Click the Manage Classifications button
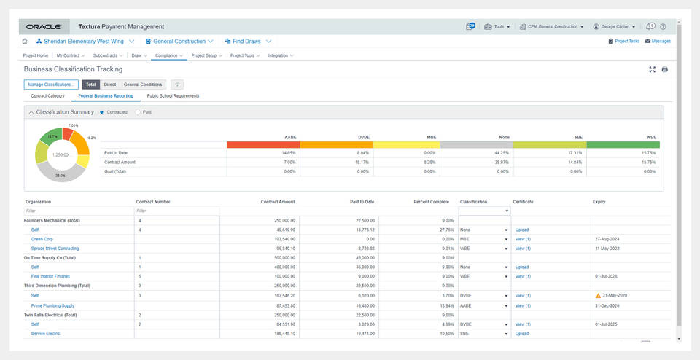[x=51, y=85]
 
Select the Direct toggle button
[x=109, y=85]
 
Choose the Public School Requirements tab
[x=173, y=95]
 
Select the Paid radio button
[x=139, y=112]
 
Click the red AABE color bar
[x=262, y=144]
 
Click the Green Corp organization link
[x=42, y=239]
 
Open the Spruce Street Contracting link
[x=55, y=249]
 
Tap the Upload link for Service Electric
[x=521, y=334]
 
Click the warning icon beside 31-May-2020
[x=598, y=296]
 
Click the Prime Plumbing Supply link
[x=52, y=305]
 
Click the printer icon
[x=664, y=69]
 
